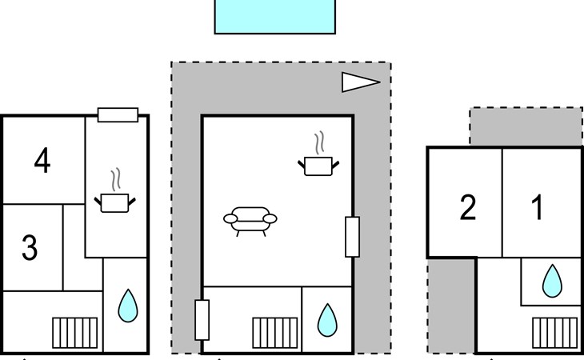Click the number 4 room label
pyautogui.click(x=42, y=161)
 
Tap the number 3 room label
pyautogui.click(x=30, y=248)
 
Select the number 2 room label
pyautogui.click(x=468, y=207)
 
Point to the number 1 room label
pyautogui.click(x=538, y=207)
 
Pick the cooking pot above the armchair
pyautogui.click(x=319, y=164)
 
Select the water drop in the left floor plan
pyautogui.click(x=127, y=306)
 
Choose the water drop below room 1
pyautogui.click(x=551, y=282)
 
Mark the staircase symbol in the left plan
pyautogui.click(x=75, y=333)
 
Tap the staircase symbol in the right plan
pyautogui.click(x=554, y=332)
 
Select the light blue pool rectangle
pyautogui.click(x=274, y=16)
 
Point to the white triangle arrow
pyautogui.click(x=358, y=82)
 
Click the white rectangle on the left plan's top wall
pyautogui.click(x=118, y=115)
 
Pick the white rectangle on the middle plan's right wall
pyautogui.click(x=352, y=237)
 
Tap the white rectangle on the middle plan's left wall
pyautogui.click(x=202, y=320)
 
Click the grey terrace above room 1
pyautogui.click(x=526, y=126)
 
